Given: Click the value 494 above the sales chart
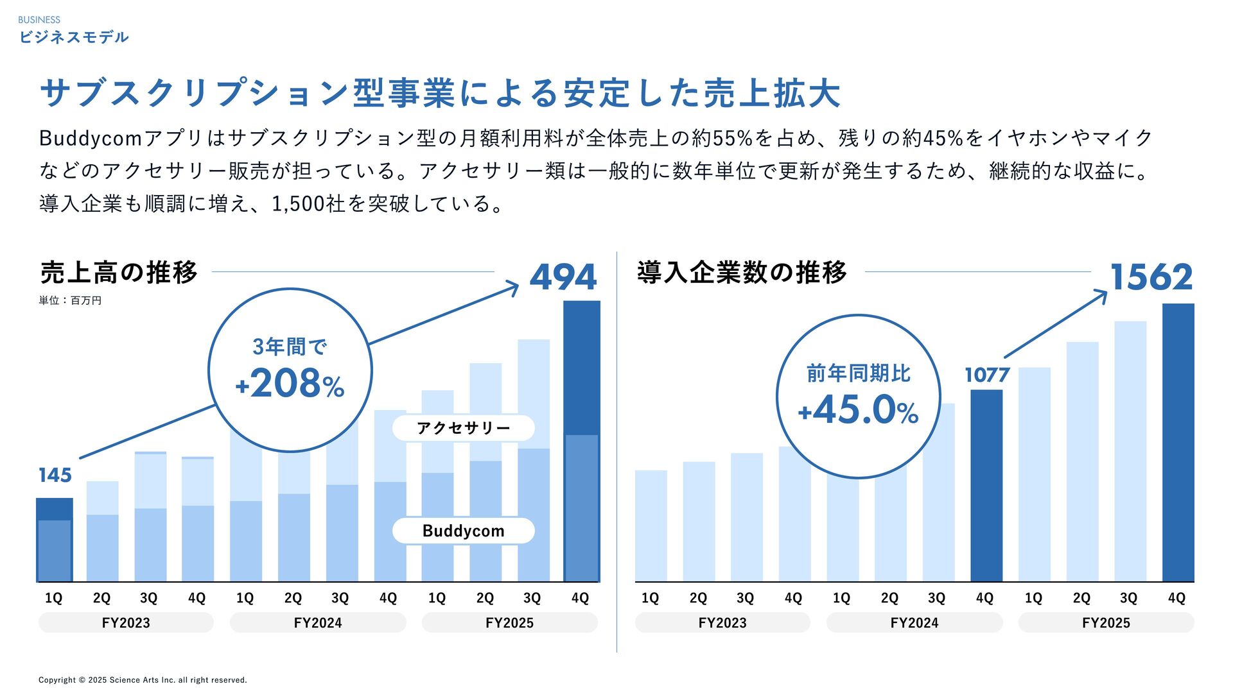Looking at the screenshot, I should coord(563,277).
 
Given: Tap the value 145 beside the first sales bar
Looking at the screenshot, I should coord(55,475).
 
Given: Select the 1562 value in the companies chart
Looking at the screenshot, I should coord(1151,277).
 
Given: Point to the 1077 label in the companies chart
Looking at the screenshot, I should coord(987,375).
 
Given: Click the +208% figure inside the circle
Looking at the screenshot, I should coord(290,384).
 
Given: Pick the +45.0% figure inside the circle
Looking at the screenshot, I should coord(858,411).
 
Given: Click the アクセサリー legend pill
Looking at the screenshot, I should coord(463,428).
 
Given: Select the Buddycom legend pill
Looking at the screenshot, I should coord(463,531).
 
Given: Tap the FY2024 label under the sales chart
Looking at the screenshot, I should coord(318,622).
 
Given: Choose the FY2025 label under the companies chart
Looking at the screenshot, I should coord(1106,622).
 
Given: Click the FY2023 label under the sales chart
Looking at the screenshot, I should coord(126,622).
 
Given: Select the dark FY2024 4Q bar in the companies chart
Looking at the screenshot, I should coord(986,486).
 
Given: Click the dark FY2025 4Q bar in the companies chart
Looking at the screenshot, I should coord(1178,443).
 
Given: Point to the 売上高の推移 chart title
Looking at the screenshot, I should coord(119,273).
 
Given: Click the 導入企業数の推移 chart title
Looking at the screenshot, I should coord(742,273).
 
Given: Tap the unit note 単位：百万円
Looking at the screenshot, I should coord(70,300).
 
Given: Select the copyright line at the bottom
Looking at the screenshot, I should coord(143,680).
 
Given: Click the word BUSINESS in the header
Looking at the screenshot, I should coord(39,20).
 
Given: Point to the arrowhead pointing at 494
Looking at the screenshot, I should coord(513,287).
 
